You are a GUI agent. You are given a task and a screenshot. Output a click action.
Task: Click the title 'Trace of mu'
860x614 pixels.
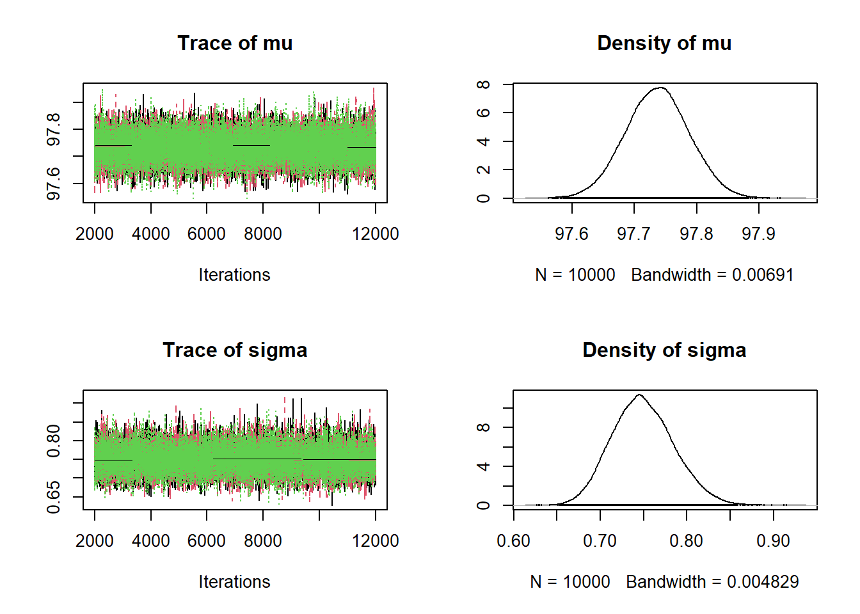pos(235,43)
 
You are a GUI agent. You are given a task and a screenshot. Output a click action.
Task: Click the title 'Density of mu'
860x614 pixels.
pos(664,43)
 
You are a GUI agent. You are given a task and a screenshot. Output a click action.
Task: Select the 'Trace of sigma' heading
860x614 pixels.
pos(235,350)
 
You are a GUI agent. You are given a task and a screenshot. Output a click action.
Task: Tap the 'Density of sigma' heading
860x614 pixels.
pos(664,350)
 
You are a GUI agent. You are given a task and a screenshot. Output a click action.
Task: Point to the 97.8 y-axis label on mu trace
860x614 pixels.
pos(54,129)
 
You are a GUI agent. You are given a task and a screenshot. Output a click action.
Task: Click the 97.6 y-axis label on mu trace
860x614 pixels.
pos(54,184)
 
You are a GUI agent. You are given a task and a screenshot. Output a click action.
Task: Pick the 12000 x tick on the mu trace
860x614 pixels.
pos(375,234)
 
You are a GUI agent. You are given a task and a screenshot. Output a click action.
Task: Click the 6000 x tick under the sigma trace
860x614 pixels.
pos(206,541)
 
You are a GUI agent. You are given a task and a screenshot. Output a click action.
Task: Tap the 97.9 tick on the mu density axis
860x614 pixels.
pos(758,234)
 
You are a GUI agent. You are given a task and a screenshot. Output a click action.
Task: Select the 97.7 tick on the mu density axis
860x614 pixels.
pos(633,234)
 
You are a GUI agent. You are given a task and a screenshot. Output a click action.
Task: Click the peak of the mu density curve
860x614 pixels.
pos(661,88)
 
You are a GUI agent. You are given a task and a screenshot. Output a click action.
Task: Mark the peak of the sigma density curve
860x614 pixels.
pos(639,395)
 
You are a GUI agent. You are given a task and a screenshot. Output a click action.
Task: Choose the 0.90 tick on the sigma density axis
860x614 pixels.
pos(773,541)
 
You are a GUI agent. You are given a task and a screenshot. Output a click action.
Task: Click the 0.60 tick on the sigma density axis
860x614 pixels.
pos(513,541)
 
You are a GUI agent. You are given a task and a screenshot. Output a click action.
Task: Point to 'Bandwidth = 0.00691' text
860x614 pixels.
pos(712,275)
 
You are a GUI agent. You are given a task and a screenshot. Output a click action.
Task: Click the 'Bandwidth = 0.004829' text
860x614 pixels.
pos(712,582)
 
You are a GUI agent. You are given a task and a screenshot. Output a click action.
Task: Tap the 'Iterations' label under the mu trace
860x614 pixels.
pos(234,275)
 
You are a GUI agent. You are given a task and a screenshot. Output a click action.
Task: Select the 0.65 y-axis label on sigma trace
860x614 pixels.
pos(54,497)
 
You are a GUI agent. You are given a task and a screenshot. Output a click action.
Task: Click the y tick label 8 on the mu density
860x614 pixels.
pos(484,84)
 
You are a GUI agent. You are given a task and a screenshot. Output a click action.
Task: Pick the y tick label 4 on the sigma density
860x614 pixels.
pos(484,466)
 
